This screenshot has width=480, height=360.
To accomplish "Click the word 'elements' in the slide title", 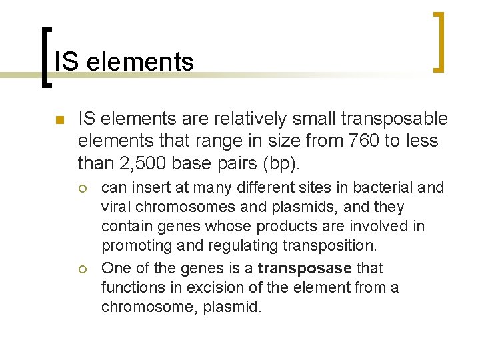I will point(140,62).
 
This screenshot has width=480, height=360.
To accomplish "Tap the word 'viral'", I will point(116,207).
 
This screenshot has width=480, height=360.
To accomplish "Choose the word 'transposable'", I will point(394,119).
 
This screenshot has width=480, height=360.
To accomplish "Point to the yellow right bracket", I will point(439,41).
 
